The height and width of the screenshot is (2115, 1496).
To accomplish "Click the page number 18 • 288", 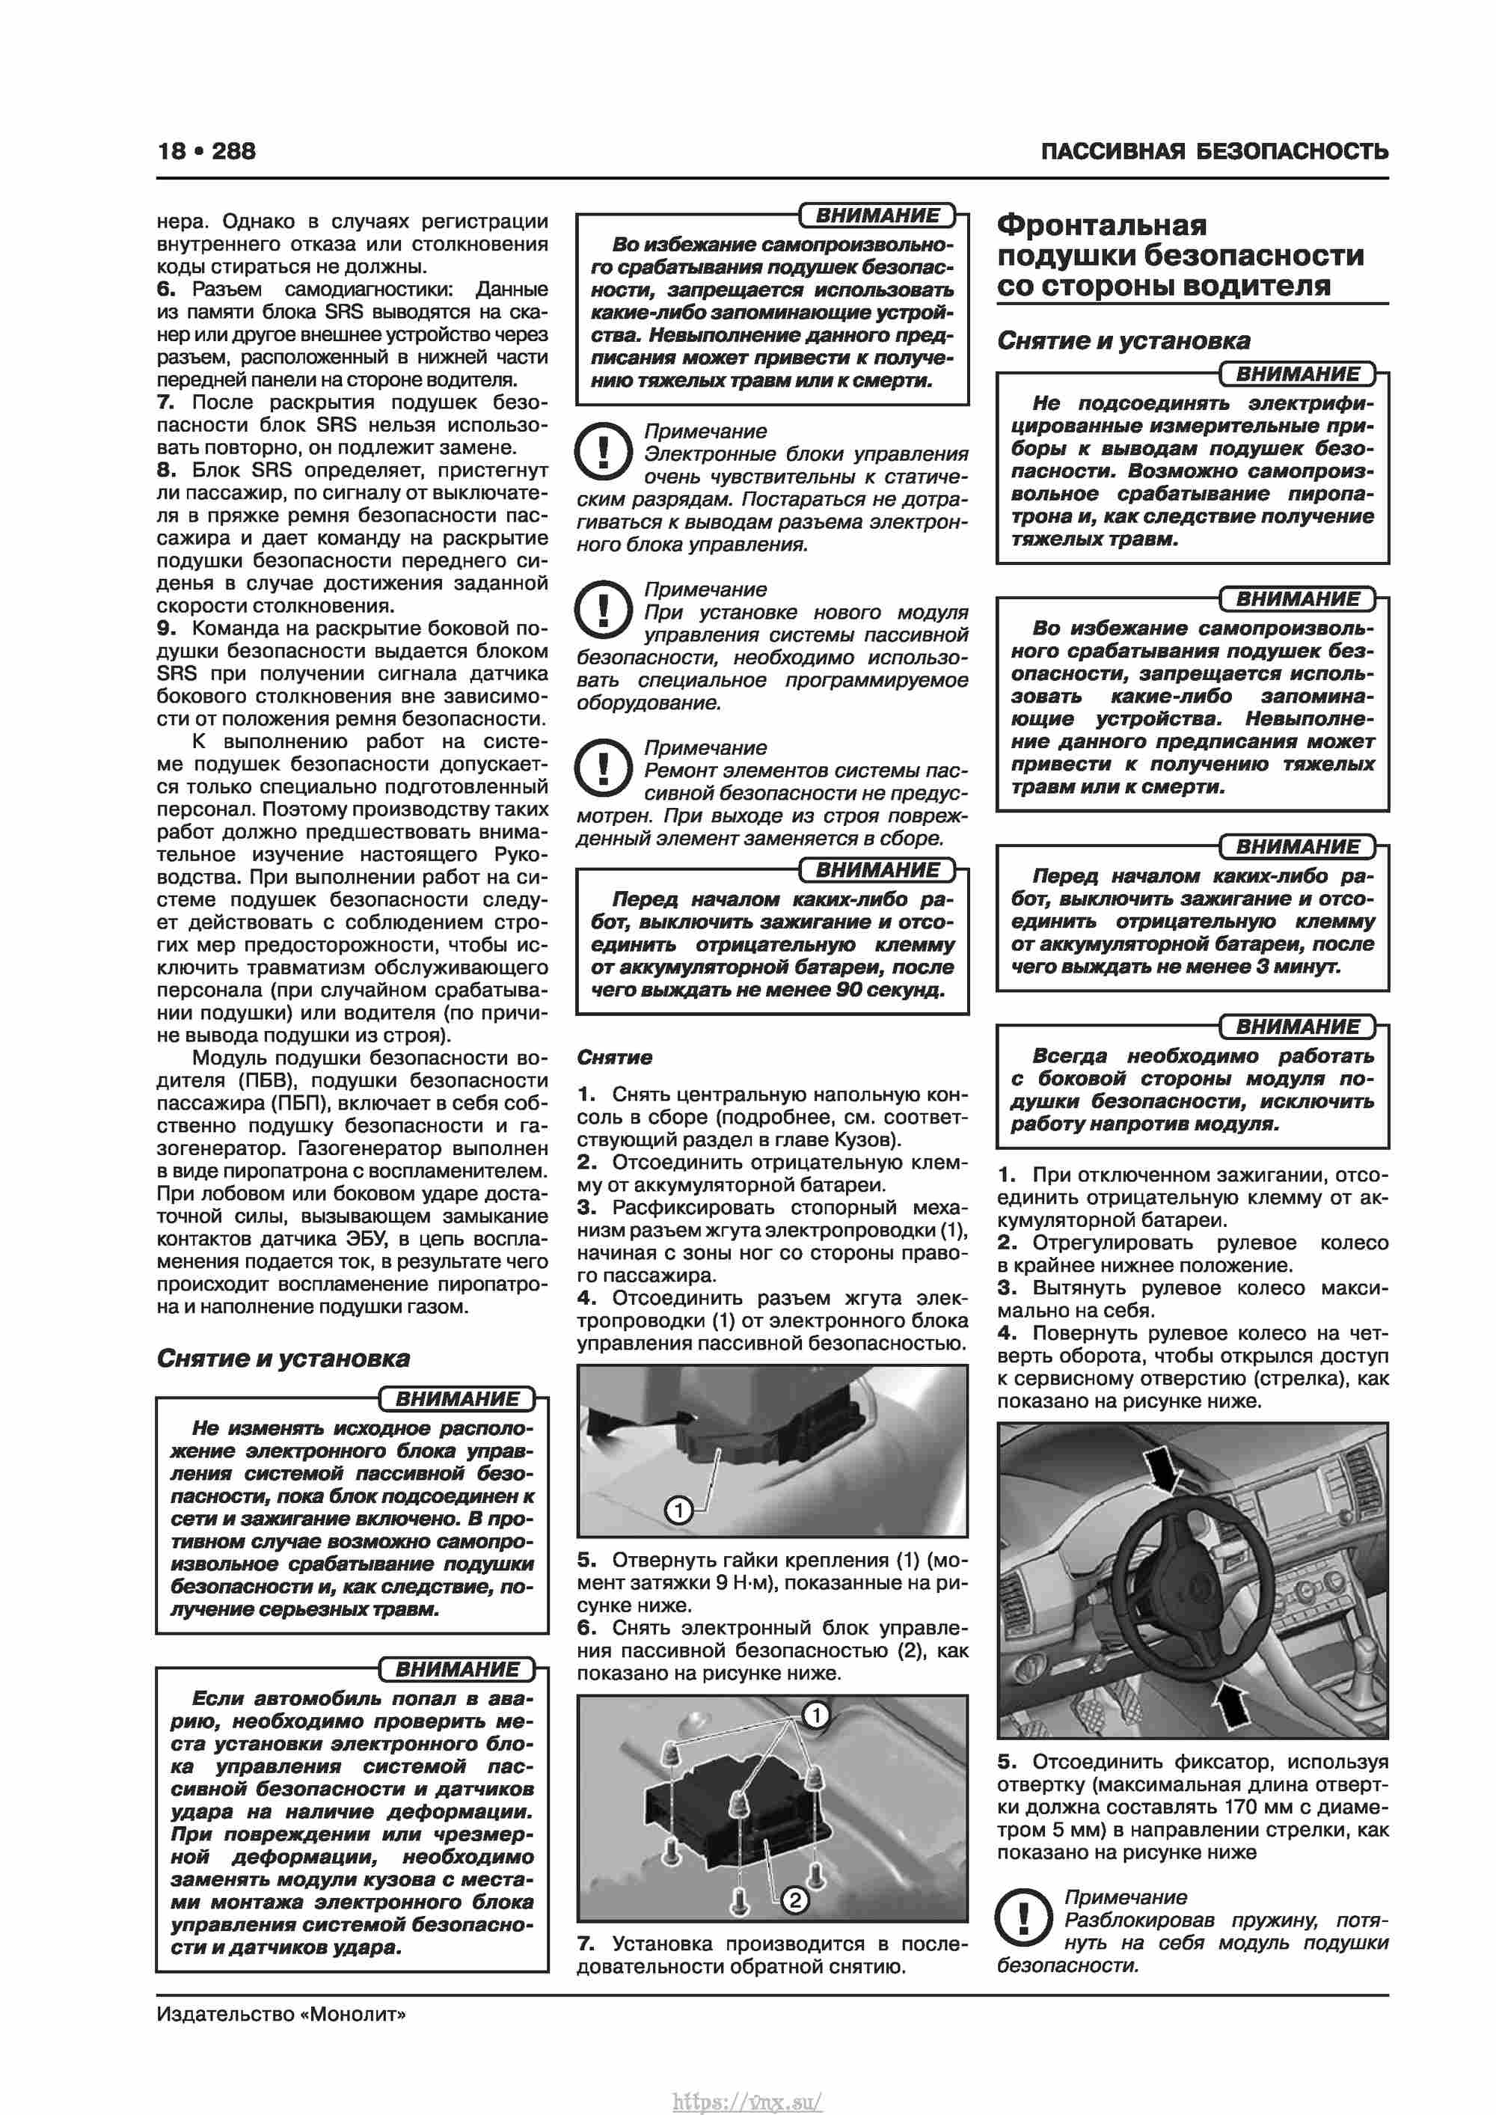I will click(206, 151).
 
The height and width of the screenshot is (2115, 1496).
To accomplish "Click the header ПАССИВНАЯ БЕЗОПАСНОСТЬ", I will click(1214, 152).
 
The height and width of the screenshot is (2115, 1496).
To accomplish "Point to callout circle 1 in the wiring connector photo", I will click(679, 1510).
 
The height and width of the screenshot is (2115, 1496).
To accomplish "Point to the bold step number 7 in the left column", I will click(166, 403).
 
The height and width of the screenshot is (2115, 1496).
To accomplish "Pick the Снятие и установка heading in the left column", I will click(283, 1358).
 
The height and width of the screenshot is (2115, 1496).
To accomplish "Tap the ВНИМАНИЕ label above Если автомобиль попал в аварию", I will click(457, 1669).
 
